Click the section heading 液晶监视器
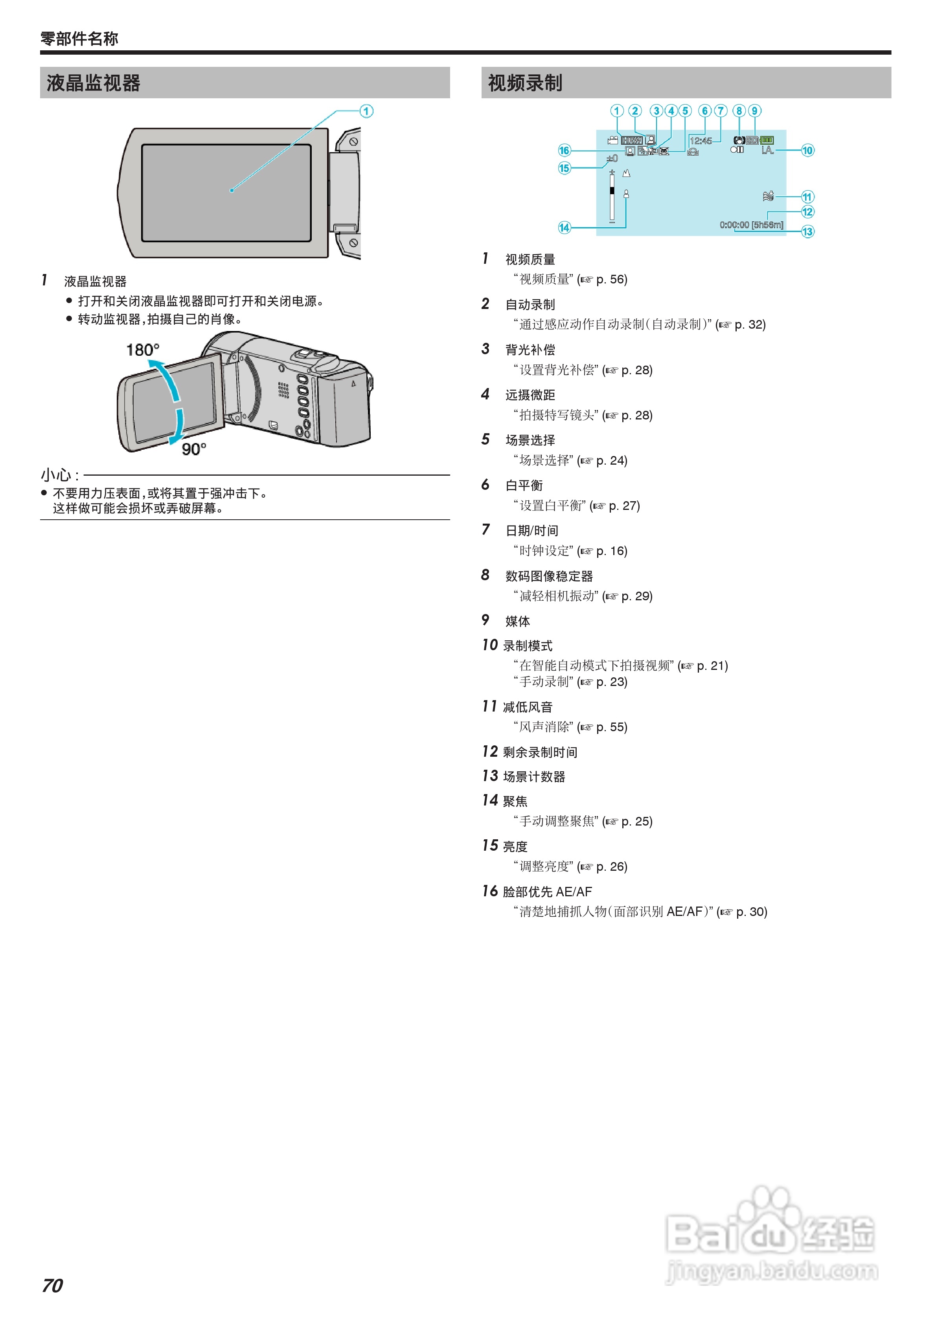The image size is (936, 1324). click(x=94, y=83)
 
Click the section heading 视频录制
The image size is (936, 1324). click(x=525, y=83)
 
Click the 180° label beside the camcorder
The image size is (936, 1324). click(x=142, y=350)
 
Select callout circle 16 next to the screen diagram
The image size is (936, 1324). click(x=564, y=151)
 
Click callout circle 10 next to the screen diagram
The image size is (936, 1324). click(x=807, y=151)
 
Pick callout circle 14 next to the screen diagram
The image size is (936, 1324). click(x=564, y=228)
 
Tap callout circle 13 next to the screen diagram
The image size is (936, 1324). click(x=807, y=232)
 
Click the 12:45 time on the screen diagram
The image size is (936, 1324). click(x=701, y=141)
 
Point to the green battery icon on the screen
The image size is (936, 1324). click(x=767, y=140)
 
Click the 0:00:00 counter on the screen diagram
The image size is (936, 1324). click(x=734, y=225)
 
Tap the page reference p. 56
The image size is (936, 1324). click(x=611, y=280)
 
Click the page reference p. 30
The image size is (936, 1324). click(x=752, y=912)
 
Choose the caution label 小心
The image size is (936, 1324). click(x=56, y=475)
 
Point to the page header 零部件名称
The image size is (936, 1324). click(x=79, y=39)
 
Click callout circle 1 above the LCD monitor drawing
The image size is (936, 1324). click(x=366, y=111)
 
